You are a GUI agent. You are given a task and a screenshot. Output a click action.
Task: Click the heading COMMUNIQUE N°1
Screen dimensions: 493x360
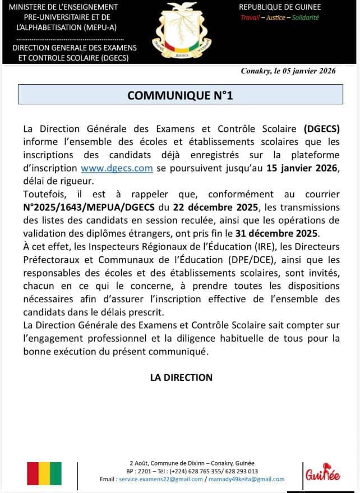pyautogui.click(x=180, y=95)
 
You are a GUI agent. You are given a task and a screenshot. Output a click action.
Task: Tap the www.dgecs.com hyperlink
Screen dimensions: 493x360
pyautogui.click(x=117, y=168)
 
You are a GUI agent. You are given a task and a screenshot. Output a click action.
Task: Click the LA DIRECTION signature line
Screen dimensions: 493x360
pyautogui.click(x=181, y=377)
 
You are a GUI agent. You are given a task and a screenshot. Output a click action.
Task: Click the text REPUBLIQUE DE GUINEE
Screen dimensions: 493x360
pyautogui.click(x=280, y=7)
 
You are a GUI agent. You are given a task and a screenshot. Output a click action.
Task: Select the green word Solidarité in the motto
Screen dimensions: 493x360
pyautogui.click(x=306, y=17)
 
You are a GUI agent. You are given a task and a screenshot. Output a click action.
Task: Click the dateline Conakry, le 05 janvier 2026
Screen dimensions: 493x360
pyautogui.click(x=288, y=71)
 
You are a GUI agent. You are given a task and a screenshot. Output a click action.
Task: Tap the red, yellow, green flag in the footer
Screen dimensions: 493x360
pyautogui.click(x=44, y=473)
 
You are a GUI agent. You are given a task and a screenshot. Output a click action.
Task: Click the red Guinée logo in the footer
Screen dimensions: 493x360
pyautogui.click(x=322, y=475)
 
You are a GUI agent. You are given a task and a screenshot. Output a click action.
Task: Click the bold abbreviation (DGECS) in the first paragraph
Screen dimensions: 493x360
pyautogui.click(x=322, y=128)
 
